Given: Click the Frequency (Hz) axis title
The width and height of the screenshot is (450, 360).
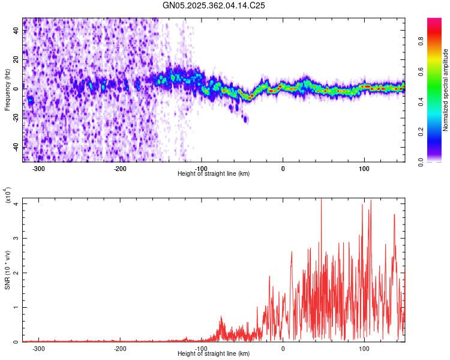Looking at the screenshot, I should coord(7,90).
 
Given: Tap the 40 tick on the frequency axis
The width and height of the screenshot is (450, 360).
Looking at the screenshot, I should coord(17,30).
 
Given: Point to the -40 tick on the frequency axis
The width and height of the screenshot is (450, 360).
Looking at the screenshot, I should coord(17,147).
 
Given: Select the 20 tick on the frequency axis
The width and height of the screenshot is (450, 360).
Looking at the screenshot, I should coord(17,59).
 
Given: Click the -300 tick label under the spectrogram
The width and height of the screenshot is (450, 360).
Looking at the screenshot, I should coord(39,168).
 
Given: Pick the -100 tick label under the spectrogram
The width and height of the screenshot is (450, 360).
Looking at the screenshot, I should coord(202,168).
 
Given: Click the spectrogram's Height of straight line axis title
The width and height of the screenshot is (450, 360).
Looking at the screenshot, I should coord(214,174).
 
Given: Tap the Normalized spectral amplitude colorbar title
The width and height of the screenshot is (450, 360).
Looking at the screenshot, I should coord(446,90).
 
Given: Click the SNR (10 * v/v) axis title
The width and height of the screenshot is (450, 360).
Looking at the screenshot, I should coord(7,270).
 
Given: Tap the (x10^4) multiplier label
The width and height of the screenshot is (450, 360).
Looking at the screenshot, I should coord(8,196).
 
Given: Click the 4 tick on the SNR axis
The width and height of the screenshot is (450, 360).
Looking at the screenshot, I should coord(17,203).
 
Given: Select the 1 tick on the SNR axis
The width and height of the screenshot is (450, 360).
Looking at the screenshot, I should coord(17,307).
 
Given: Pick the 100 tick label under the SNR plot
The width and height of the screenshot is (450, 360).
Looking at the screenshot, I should coord(364,348).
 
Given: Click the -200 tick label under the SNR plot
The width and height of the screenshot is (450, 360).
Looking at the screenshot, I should coord(120,348).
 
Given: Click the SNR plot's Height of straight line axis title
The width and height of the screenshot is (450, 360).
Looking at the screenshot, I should coord(214,354).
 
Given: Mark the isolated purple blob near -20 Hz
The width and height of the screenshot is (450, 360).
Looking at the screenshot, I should coord(245,119).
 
